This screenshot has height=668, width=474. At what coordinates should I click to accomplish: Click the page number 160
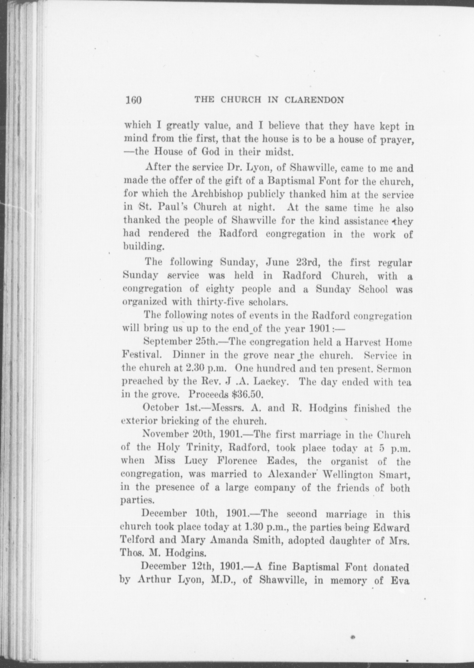tap(134, 100)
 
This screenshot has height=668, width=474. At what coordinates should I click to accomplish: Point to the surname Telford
tap(137, 540)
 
